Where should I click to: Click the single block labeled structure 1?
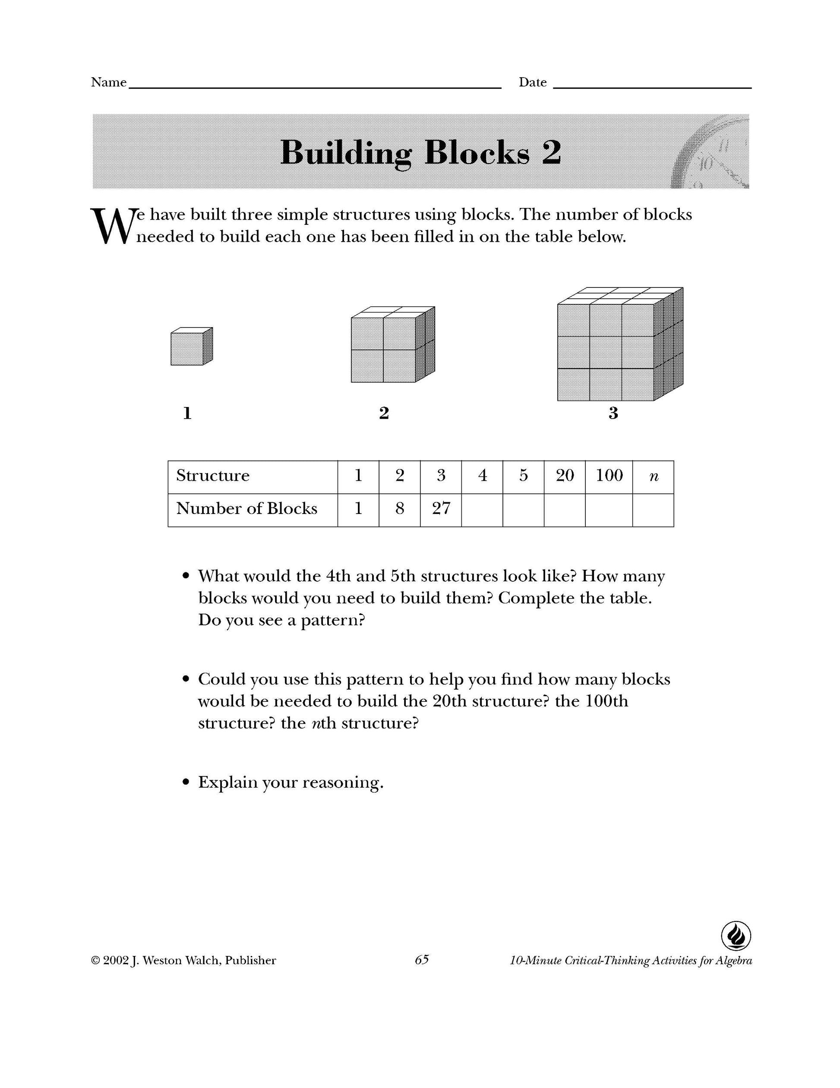(x=191, y=346)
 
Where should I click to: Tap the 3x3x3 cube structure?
(x=619, y=345)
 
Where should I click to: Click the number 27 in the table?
(x=441, y=509)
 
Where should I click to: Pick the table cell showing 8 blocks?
(x=400, y=509)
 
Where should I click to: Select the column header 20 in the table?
(x=565, y=476)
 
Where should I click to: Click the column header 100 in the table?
(x=609, y=476)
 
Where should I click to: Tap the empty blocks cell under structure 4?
(x=482, y=510)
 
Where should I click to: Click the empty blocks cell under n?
(x=653, y=510)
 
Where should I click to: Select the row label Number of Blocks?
(x=246, y=509)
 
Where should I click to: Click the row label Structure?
(x=213, y=476)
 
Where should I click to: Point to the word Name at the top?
(x=109, y=83)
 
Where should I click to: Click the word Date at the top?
(x=533, y=83)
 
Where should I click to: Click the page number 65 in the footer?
(x=421, y=960)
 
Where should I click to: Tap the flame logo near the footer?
(x=736, y=936)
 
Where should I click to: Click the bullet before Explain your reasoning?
(x=186, y=782)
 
